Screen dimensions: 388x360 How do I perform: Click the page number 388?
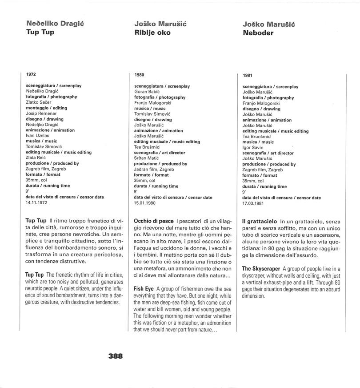(115, 356)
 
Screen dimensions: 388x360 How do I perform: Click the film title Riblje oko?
(152, 32)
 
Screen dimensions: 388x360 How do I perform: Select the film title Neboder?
(258, 32)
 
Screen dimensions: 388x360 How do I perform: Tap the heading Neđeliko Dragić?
(51, 24)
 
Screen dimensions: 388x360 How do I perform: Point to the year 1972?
(31, 74)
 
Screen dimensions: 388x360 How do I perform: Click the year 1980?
(139, 75)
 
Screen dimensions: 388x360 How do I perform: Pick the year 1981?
(248, 76)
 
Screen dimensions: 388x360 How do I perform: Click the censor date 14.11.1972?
(36, 202)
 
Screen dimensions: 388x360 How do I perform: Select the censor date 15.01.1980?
(145, 203)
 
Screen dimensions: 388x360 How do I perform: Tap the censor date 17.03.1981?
(253, 203)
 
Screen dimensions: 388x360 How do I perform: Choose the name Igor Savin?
(253, 147)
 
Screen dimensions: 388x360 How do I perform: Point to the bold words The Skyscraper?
(261, 269)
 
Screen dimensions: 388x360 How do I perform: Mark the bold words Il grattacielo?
(260, 221)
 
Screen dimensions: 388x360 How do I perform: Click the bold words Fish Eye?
(143, 289)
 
